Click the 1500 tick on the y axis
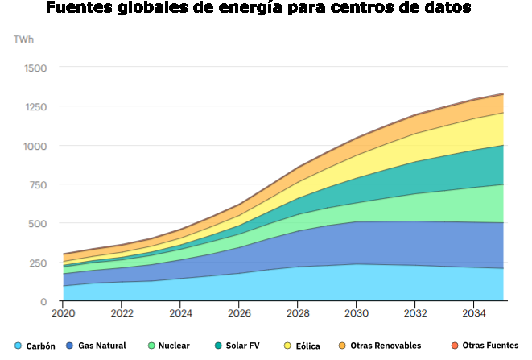pos(35,68)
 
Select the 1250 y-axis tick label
pos(35,107)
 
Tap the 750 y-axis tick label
pos(38,184)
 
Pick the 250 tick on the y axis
pos(38,263)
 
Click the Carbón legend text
pos(39,346)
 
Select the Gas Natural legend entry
pos(101,346)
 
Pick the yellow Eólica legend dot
pos(287,346)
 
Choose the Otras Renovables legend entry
pos(386,346)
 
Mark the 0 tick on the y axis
pos(44,301)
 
